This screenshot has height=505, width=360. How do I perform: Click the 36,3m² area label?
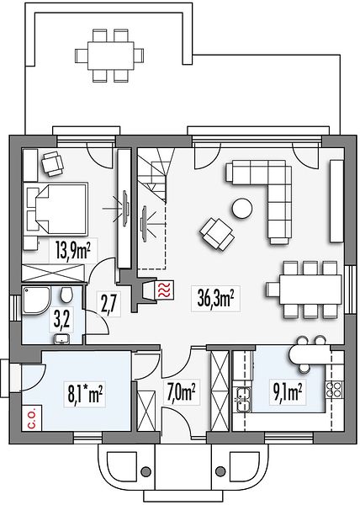(215, 298)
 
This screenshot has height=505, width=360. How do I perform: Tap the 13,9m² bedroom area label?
(72, 251)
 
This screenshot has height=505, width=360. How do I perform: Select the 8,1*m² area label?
(85, 396)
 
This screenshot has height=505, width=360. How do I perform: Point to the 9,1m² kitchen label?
(288, 392)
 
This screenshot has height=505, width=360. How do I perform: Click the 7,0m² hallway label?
(182, 391)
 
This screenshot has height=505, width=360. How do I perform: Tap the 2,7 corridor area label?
(107, 303)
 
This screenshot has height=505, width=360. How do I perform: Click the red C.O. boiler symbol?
(32, 417)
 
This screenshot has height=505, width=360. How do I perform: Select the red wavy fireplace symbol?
(165, 290)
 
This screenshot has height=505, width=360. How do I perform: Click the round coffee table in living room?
(241, 208)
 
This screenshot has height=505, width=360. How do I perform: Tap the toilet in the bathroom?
(66, 295)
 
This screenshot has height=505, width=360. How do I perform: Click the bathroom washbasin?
(61, 339)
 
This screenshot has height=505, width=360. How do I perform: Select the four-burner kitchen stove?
(333, 390)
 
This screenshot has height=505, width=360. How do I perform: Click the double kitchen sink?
(243, 399)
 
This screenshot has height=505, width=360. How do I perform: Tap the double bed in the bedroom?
(56, 209)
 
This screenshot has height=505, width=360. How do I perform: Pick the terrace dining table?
(110, 56)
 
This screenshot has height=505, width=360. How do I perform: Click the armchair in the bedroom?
(52, 163)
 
